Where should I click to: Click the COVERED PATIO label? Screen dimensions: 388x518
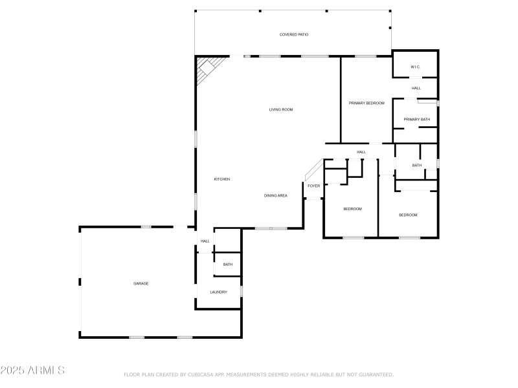pyautogui.click(x=293, y=34)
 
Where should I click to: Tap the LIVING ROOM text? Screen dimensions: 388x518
pyautogui.click(x=281, y=109)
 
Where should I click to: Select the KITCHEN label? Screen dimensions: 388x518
pyautogui.click(x=222, y=179)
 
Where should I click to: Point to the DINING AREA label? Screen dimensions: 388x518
pyautogui.click(x=275, y=195)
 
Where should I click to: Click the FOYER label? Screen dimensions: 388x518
pyautogui.click(x=313, y=186)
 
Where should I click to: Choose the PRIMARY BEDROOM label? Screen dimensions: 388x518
pyautogui.click(x=366, y=103)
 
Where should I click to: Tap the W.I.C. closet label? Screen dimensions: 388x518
pyautogui.click(x=416, y=68)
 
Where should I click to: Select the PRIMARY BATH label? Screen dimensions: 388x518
pyautogui.click(x=416, y=119)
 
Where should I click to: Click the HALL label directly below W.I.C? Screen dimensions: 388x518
pyautogui.click(x=416, y=88)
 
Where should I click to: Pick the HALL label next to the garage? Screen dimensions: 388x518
pyautogui.click(x=205, y=241)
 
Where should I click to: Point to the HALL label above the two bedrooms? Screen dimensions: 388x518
pyautogui.click(x=361, y=152)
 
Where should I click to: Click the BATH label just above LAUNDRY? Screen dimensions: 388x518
pyautogui.click(x=228, y=264)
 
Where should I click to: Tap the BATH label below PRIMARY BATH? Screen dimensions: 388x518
pyautogui.click(x=416, y=166)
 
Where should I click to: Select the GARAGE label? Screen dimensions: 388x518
pyautogui.click(x=141, y=283)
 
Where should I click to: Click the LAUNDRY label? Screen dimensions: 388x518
pyautogui.click(x=218, y=292)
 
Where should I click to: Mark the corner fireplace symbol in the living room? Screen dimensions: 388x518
pyautogui.click(x=208, y=67)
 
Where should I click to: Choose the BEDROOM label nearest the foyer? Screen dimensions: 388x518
pyautogui.click(x=352, y=209)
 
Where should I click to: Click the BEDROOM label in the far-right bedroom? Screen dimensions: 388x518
pyautogui.click(x=408, y=215)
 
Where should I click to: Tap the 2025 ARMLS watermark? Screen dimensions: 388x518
pyautogui.click(x=32, y=371)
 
